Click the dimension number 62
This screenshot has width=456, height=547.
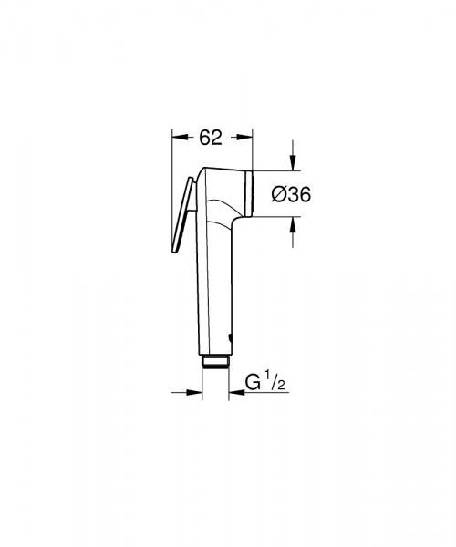click(211, 138)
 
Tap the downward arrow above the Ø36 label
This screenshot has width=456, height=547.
click(292, 161)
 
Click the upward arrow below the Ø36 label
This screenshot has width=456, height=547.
click(292, 224)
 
